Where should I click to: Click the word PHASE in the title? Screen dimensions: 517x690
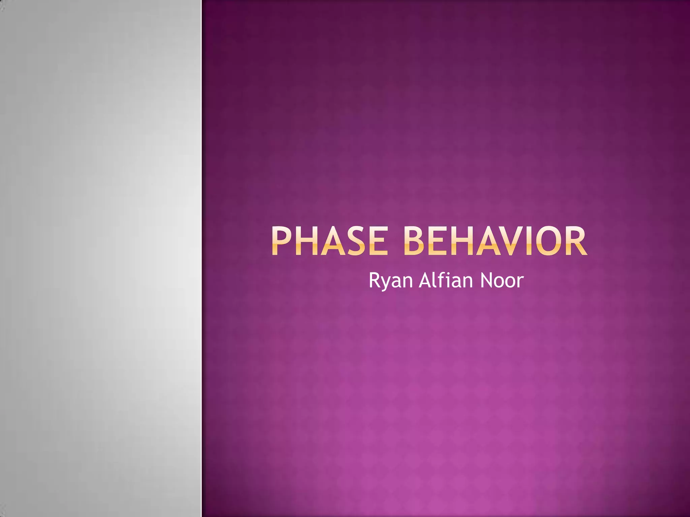(330, 241)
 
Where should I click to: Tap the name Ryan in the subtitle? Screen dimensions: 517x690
(390, 281)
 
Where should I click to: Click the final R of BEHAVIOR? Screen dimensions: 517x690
(577, 241)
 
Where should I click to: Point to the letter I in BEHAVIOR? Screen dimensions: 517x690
(531, 241)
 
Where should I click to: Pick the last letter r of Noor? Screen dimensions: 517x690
(520, 282)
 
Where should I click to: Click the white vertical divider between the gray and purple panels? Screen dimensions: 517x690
(201, 258)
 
